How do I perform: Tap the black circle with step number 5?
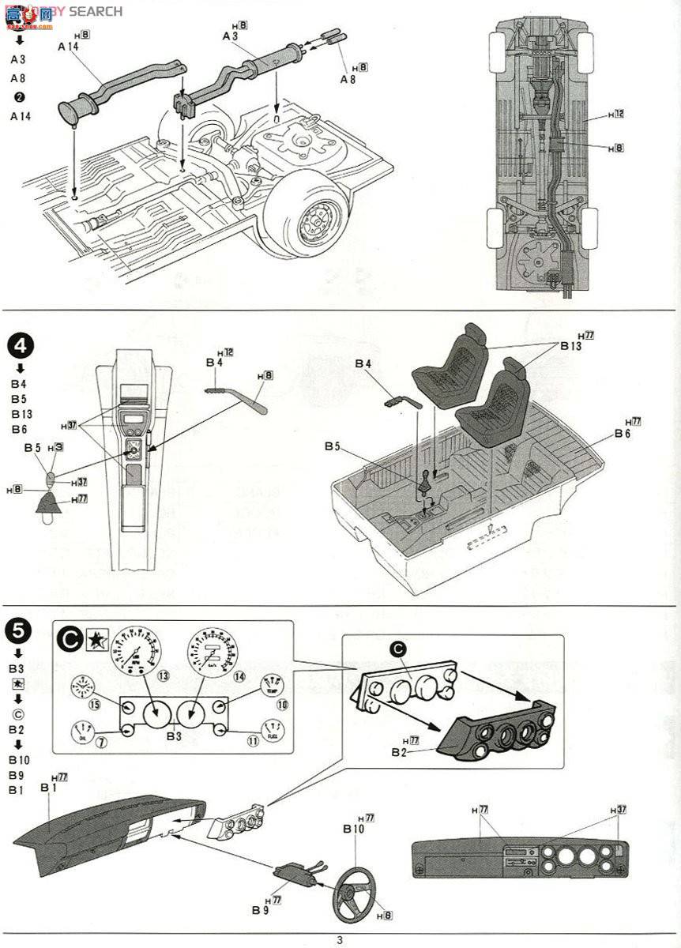(x=19, y=630)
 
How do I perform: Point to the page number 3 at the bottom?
(x=340, y=939)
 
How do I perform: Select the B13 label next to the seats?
(x=570, y=346)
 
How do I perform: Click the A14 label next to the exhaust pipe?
(x=69, y=47)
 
